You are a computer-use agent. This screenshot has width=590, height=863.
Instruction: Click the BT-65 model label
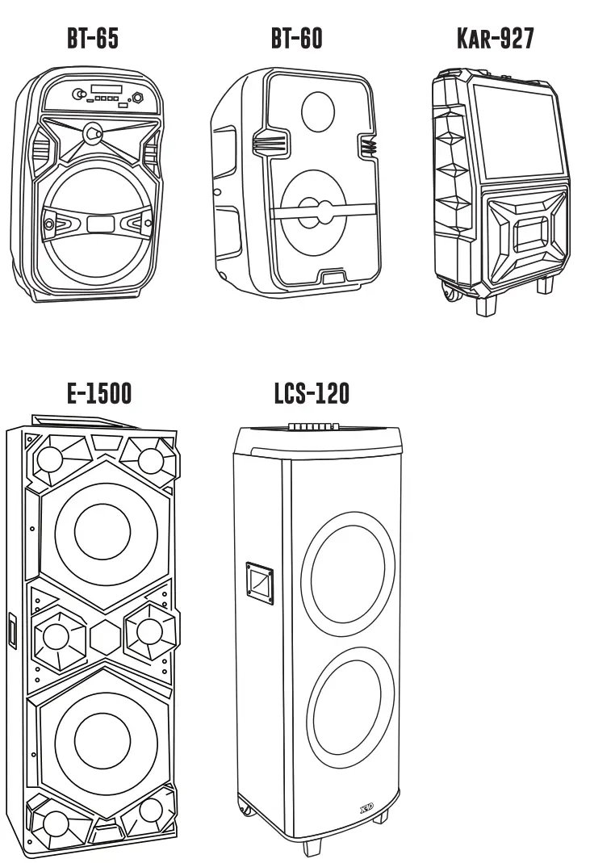93,38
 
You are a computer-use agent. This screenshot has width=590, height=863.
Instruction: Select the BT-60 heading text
296,38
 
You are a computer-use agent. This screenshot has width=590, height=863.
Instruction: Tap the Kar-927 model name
496,38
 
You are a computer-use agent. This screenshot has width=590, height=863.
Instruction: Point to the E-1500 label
99,393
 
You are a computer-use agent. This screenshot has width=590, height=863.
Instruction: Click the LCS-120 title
312,393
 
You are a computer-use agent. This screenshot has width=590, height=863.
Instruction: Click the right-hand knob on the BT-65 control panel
138,98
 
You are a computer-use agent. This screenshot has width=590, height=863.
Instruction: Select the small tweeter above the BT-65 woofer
94,130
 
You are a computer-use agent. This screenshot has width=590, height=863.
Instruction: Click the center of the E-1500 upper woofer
103,530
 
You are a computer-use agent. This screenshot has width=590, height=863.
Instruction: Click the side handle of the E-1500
13,630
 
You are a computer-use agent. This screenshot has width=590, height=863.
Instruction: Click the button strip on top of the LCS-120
314,425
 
